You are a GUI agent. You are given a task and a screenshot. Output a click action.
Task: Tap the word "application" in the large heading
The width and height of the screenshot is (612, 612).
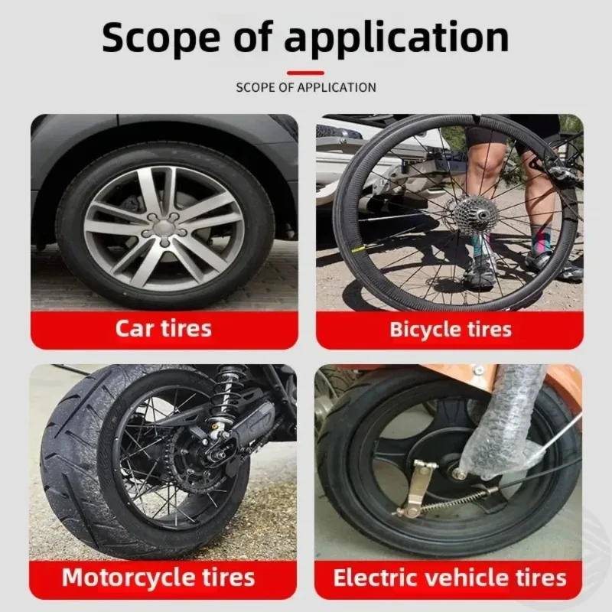[396, 37]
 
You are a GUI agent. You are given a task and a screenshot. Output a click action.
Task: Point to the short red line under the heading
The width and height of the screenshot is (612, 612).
[305, 73]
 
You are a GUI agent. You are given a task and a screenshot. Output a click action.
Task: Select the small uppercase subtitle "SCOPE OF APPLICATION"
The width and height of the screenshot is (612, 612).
[306, 87]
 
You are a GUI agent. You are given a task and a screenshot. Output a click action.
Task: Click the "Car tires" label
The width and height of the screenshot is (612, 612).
[164, 328]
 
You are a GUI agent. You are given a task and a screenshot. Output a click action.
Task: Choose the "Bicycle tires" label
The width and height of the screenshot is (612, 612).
[451, 329]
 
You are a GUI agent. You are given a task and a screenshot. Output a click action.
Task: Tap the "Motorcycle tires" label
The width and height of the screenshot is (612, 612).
[158, 577]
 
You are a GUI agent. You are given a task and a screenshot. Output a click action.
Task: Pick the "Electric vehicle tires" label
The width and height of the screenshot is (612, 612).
[450, 578]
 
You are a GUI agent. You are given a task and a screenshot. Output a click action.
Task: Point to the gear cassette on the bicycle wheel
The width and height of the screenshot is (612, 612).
[476, 214]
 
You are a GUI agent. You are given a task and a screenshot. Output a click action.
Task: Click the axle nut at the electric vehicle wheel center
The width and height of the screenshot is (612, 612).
[458, 471]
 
